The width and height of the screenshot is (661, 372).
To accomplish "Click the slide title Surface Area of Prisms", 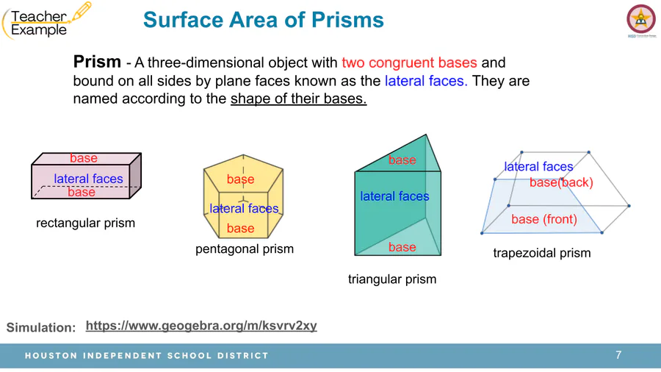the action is (x=264, y=20).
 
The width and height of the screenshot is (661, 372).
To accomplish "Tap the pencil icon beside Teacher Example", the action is (x=82, y=11).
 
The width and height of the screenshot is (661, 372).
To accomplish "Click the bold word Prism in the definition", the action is (x=97, y=62).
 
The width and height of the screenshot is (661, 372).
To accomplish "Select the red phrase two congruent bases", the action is (x=409, y=62).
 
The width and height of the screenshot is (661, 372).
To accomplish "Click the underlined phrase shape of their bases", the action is (x=298, y=99).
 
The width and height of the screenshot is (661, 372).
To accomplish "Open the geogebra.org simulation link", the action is (x=201, y=326).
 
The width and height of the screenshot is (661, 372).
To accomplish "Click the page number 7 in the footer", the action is (x=618, y=355).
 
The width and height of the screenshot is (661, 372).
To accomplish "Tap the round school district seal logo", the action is (x=640, y=19).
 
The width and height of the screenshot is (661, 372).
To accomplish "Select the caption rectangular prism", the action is (x=86, y=223).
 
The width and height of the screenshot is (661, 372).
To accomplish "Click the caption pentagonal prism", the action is (x=245, y=248).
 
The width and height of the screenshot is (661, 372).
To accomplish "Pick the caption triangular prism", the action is (x=392, y=279).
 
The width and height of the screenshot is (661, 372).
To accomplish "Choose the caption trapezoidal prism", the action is (x=542, y=253).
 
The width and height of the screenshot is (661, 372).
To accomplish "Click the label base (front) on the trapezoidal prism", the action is (x=543, y=219).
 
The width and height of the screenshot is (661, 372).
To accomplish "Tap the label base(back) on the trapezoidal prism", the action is (x=561, y=182).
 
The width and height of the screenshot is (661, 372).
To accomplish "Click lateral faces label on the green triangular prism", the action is (x=394, y=196).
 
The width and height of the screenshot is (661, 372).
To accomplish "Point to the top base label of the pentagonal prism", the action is (x=240, y=179).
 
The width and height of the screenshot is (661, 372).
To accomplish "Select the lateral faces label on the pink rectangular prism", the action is (x=88, y=179).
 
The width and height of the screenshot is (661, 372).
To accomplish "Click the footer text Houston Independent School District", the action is (x=147, y=356).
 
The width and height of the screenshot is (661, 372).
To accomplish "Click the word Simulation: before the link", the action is (x=41, y=327).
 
